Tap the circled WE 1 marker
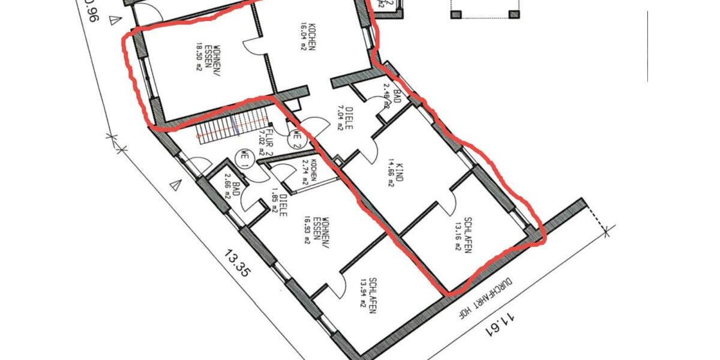244,157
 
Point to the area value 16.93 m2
307,230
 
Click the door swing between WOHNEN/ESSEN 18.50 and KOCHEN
251,47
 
